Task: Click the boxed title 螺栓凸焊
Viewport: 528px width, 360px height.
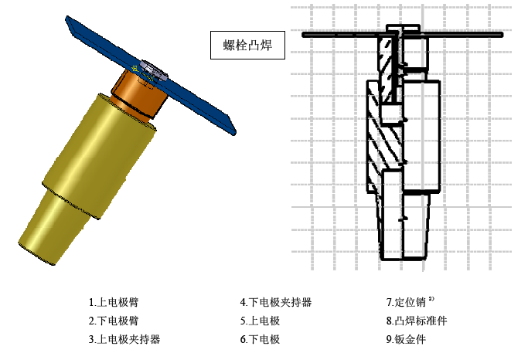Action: (x=247, y=45)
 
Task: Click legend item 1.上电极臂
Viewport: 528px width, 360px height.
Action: (x=114, y=302)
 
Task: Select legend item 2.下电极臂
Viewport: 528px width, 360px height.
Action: (x=114, y=321)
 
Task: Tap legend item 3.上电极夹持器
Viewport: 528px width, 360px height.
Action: (x=124, y=339)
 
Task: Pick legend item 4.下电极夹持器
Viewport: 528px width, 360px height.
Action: (x=276, y=302)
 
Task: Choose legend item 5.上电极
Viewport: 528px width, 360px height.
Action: (x=260, y=321)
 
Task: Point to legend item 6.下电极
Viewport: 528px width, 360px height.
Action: (x=260, y=339)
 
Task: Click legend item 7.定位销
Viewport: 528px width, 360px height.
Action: (x=406, y=302)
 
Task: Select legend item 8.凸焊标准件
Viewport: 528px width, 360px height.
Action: (x=417, y=321)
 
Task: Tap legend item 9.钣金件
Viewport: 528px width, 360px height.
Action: (x=406, y=339)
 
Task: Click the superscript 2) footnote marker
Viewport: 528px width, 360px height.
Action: (x=431, y=298)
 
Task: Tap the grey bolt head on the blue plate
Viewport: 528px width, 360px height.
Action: (x=153, y=70)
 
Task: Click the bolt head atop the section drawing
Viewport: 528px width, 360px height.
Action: (x=403, y=29)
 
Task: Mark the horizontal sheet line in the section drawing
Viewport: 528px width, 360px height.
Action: (x=403, y=35)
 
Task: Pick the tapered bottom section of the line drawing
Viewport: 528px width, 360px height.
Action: (x=404, y=226)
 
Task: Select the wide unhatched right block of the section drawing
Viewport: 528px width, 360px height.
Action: (x=421, y=136)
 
